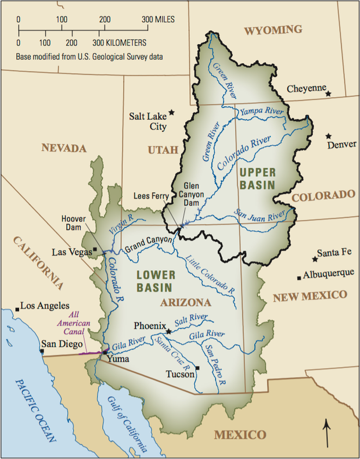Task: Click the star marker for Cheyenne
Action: pyautogui.click(x=329, y=94)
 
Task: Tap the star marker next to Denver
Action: pyautogui.click(x=328, y=135)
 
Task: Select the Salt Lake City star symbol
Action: pyautogui.click(x=171, y=113)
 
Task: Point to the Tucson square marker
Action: pyautogui.click(x=198, y=368)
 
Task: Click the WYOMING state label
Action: pyautogui.click(x=273, y=30)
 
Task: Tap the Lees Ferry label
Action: pyautogui.click(x=148, y=195)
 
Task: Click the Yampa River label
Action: pyautogui.click(x=261, y=110)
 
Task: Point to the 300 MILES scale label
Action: pyautogui.click(x=159, y=19)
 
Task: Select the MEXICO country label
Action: pyautogui.click(x=240, y=435)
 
